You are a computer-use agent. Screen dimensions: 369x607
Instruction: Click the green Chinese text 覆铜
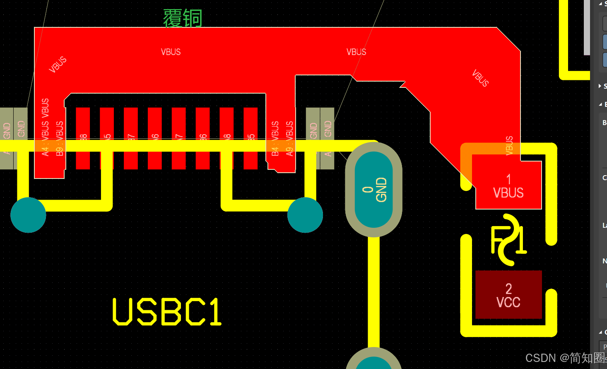tap(183, 19)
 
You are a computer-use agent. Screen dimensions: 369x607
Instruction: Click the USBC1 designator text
tap(167, 312)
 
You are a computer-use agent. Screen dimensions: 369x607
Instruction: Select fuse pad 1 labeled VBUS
tap(508, 186)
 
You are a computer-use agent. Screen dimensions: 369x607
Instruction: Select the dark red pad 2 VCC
tap(508, 295)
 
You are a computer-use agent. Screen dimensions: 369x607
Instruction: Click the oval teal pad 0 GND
tap(373, 190)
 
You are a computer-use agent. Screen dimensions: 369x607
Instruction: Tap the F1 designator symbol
tap(508, 240)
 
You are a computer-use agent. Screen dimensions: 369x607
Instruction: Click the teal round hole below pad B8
tap(28, 215)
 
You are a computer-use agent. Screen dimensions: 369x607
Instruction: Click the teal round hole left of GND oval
tap(305, 215)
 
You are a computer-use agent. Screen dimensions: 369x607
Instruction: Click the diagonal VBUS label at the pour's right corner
tap(480, 78)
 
